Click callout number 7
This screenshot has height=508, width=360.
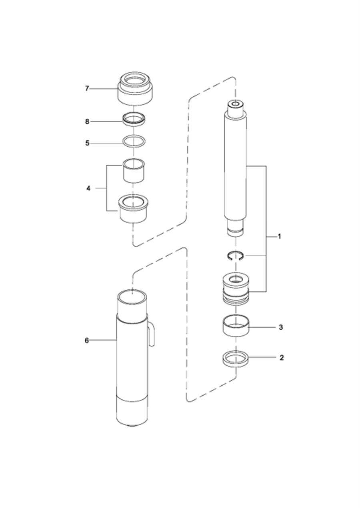pyautogui.click(x=87, y=89)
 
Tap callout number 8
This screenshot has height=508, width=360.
pyautogui.click(x=87, y=121)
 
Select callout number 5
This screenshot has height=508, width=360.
pyautogui.click(x=87, y=143)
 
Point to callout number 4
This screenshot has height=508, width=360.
pyautogui.click(x=88, y=188)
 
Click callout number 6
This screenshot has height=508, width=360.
pyautogui.click(x=86, y=340)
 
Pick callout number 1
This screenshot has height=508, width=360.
pyautogui.click(x=280, y=237)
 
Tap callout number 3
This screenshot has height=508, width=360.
pyautogui.click(x=281, y=327)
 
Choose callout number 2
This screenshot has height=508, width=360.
pyautogui.click(x=282, y=358)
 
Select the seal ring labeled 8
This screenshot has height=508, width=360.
pyautogui.click(x=134, y=120)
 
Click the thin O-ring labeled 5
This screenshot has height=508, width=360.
pyautogui.click(x=134, y=141)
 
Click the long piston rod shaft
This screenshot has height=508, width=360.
pyautogui.click(x=235, y=168)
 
